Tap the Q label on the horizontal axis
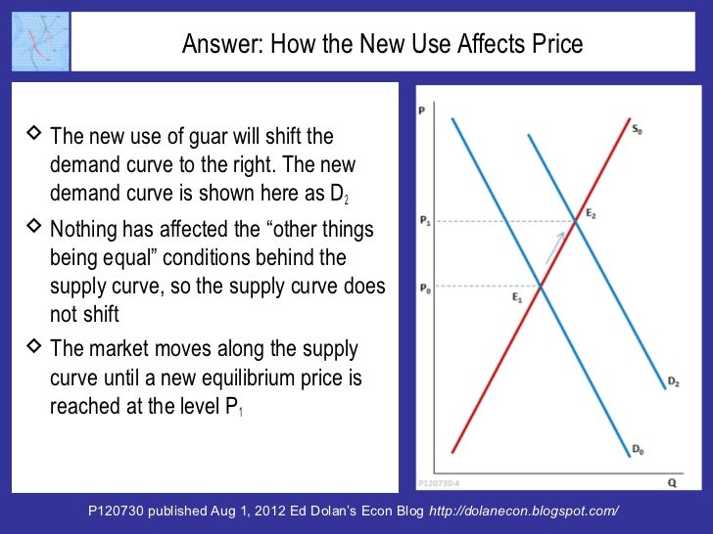tap(672, 481)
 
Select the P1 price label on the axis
tap(423, 222)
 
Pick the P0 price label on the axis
tap(423, 287)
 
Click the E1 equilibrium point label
tap(517, 297)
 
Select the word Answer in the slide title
tap(218, 44)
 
